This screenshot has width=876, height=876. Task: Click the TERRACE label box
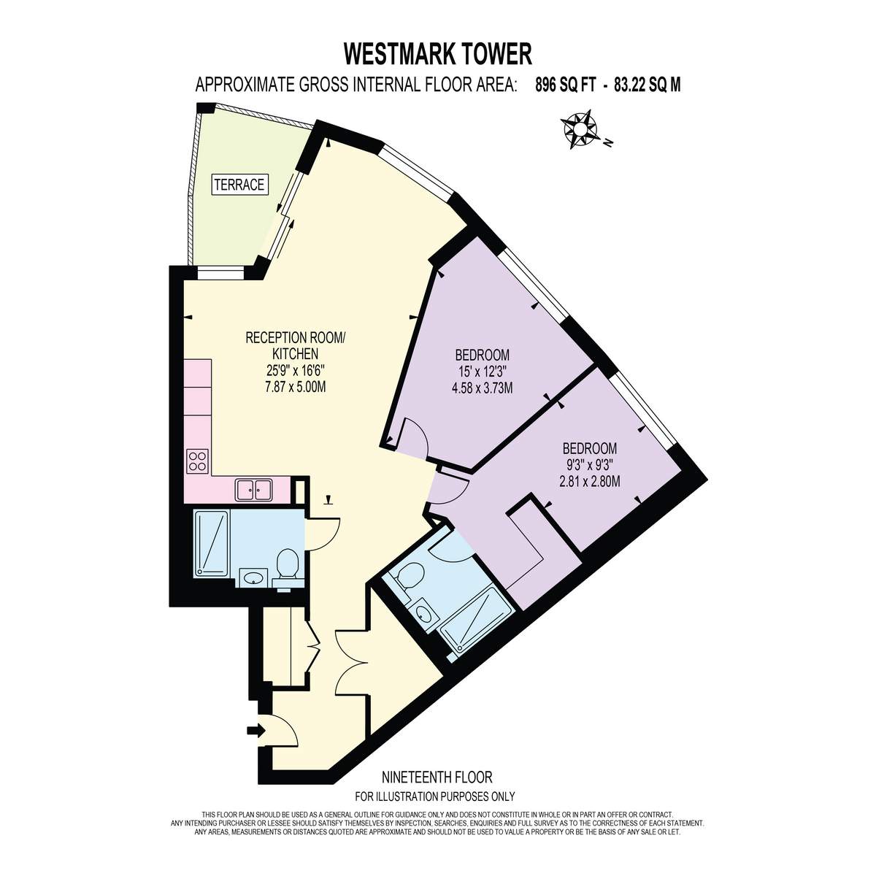(239, 185)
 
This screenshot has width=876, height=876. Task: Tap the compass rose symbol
(579, 129)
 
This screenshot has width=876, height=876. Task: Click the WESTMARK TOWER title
(437, 54)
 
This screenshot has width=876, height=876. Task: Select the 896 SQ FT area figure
(565, 85)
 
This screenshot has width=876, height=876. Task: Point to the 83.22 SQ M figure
(648, 85)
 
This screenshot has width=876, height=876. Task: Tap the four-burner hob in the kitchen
(197, 461)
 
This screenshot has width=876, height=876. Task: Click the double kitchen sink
(253, 490)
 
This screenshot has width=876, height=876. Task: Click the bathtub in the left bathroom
(212, 544)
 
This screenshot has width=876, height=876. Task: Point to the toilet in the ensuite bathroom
(407, 577)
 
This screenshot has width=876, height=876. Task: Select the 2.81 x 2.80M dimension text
(589, 481)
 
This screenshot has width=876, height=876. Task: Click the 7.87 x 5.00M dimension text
(296, 387)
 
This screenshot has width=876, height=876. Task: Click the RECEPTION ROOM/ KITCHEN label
(296, 345)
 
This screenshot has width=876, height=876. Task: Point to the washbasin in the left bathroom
(253, 578)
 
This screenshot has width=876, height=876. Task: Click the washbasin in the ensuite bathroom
(423, 614)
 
